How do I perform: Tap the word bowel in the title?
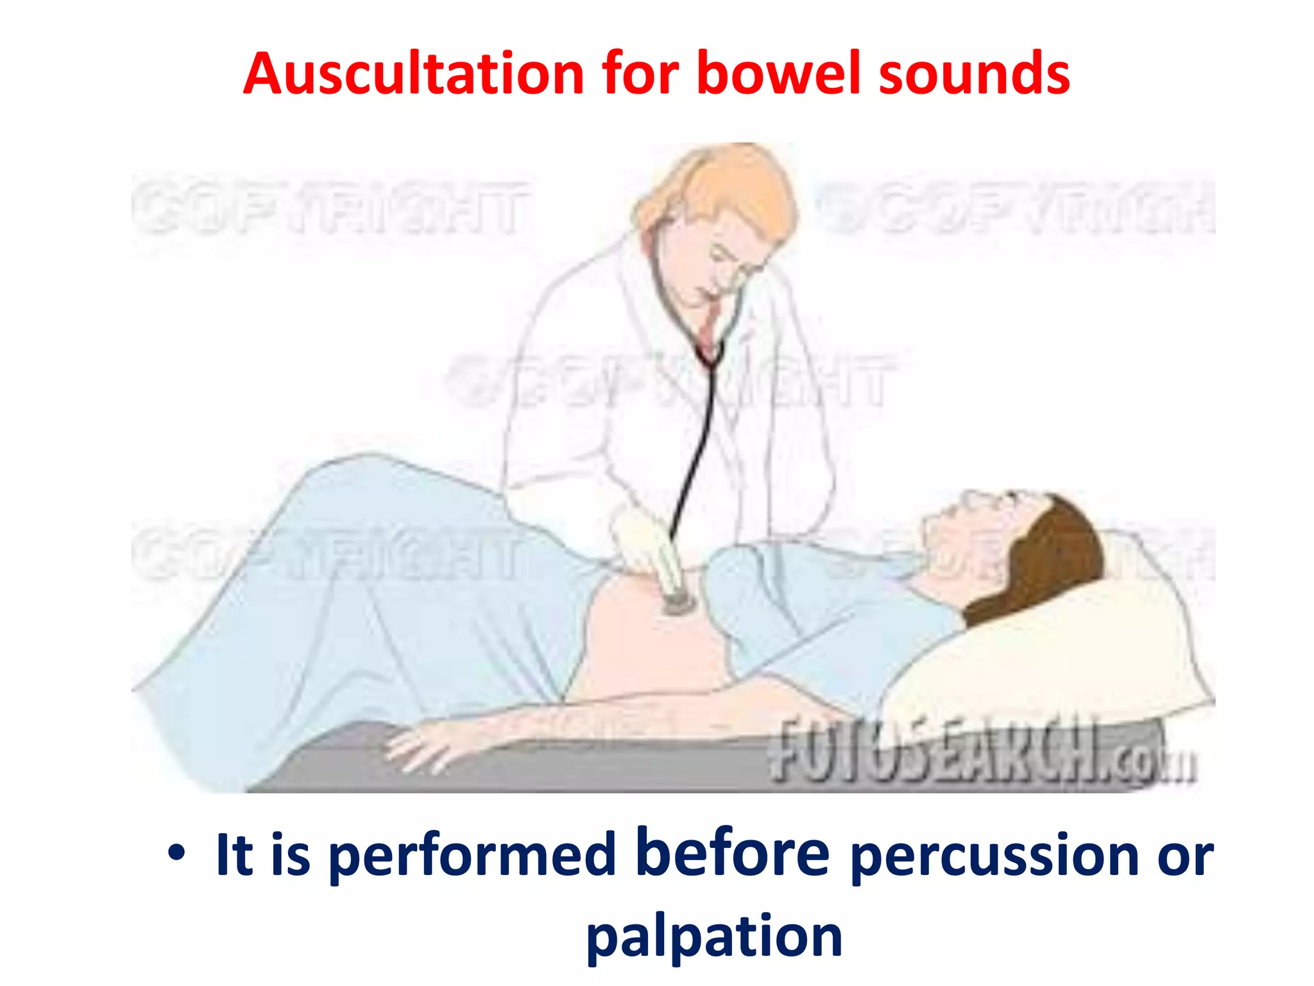778,74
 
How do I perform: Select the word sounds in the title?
973,74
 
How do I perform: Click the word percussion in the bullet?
994,856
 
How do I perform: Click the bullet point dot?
176,854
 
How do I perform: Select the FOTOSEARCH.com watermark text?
982,751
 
